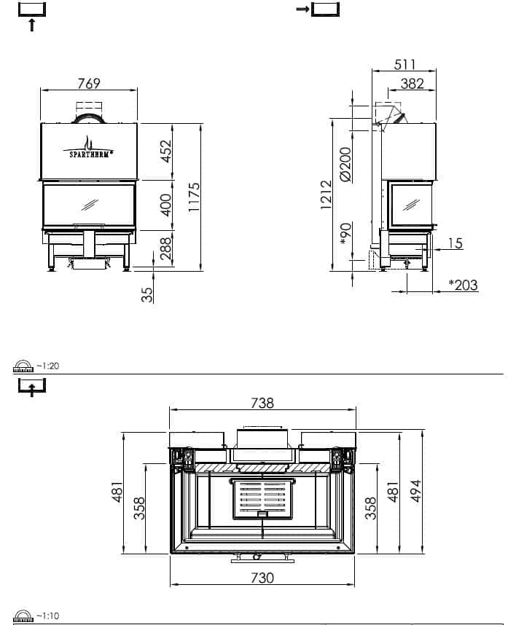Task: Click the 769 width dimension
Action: tap(88, 83)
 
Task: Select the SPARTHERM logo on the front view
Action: tap(88, 147)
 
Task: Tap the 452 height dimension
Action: tap(166, 151)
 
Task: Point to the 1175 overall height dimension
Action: tap(194, 197)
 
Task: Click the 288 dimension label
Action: tap(166, 248)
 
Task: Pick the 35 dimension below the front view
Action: tap(147, 294)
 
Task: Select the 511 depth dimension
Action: tap(404, 64)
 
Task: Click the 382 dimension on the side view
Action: tap(412, 83)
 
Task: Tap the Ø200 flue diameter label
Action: tap(345, 164)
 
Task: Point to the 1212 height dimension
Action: tap(326, 195)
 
